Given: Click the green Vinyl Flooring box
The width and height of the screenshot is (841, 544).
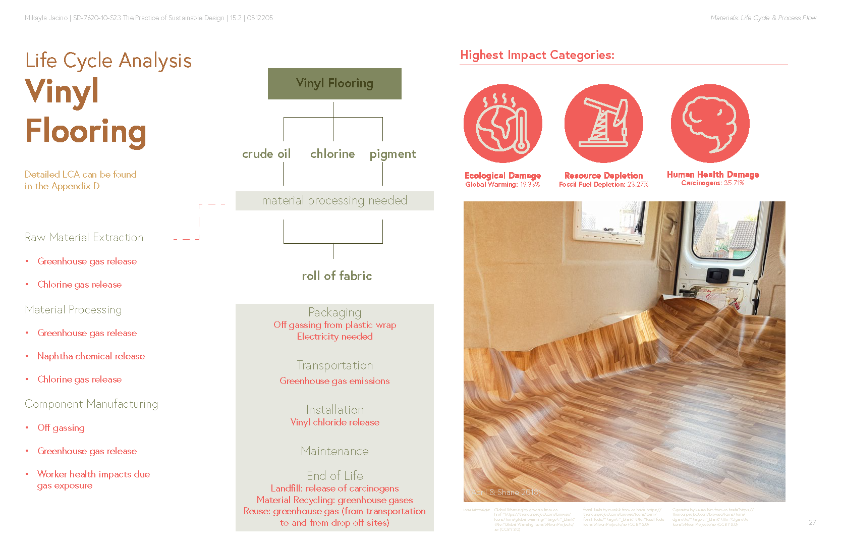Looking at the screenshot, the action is (334, 84).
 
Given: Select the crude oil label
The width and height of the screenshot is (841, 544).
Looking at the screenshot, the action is (266, 154).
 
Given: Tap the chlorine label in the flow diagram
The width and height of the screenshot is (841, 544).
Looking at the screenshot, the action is (332, 154).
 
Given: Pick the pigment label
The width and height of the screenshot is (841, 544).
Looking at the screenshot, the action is (393, 154).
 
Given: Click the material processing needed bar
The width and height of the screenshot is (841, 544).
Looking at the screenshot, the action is (334, 201).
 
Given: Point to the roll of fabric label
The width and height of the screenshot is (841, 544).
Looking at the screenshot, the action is (337, 276).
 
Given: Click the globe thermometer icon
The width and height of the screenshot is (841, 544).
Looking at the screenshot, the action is (503, 123).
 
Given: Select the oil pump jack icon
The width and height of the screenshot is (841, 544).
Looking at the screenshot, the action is (603, 123).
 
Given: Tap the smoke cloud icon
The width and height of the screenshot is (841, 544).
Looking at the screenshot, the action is (710, 123).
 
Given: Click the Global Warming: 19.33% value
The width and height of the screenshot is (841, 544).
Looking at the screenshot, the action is (502, 185).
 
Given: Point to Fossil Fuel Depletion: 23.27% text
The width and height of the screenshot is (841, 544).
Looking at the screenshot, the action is (603, 185).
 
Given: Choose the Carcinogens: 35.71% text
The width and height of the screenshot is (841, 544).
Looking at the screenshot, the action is (712, 183).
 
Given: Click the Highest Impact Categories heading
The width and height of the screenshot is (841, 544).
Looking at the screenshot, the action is (537, 55).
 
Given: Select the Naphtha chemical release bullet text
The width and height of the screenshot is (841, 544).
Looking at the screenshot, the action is (91, 356).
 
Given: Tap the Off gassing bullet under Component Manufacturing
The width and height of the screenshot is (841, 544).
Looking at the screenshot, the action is (61, 428).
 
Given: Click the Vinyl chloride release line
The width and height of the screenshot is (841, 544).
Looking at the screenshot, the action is (334, 422).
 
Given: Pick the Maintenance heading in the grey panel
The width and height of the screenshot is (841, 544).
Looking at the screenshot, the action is (334, 451).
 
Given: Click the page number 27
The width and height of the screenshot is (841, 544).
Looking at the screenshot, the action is (812, 522).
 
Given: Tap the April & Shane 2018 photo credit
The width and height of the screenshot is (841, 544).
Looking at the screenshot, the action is (506, 492).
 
